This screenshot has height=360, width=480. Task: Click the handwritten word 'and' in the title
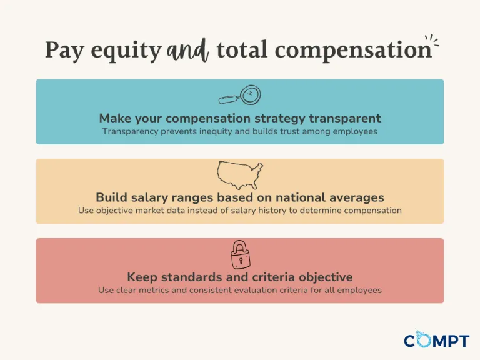pos(187,51)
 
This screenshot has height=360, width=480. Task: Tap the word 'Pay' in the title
pos(64,51)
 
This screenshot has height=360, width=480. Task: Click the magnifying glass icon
pos(239,96)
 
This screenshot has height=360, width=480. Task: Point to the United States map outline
pos(240,175)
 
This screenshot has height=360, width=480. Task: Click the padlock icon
pos(240,254)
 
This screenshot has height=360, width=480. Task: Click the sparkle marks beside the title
pos(431,42)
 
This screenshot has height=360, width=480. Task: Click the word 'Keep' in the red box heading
pos(142,277)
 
